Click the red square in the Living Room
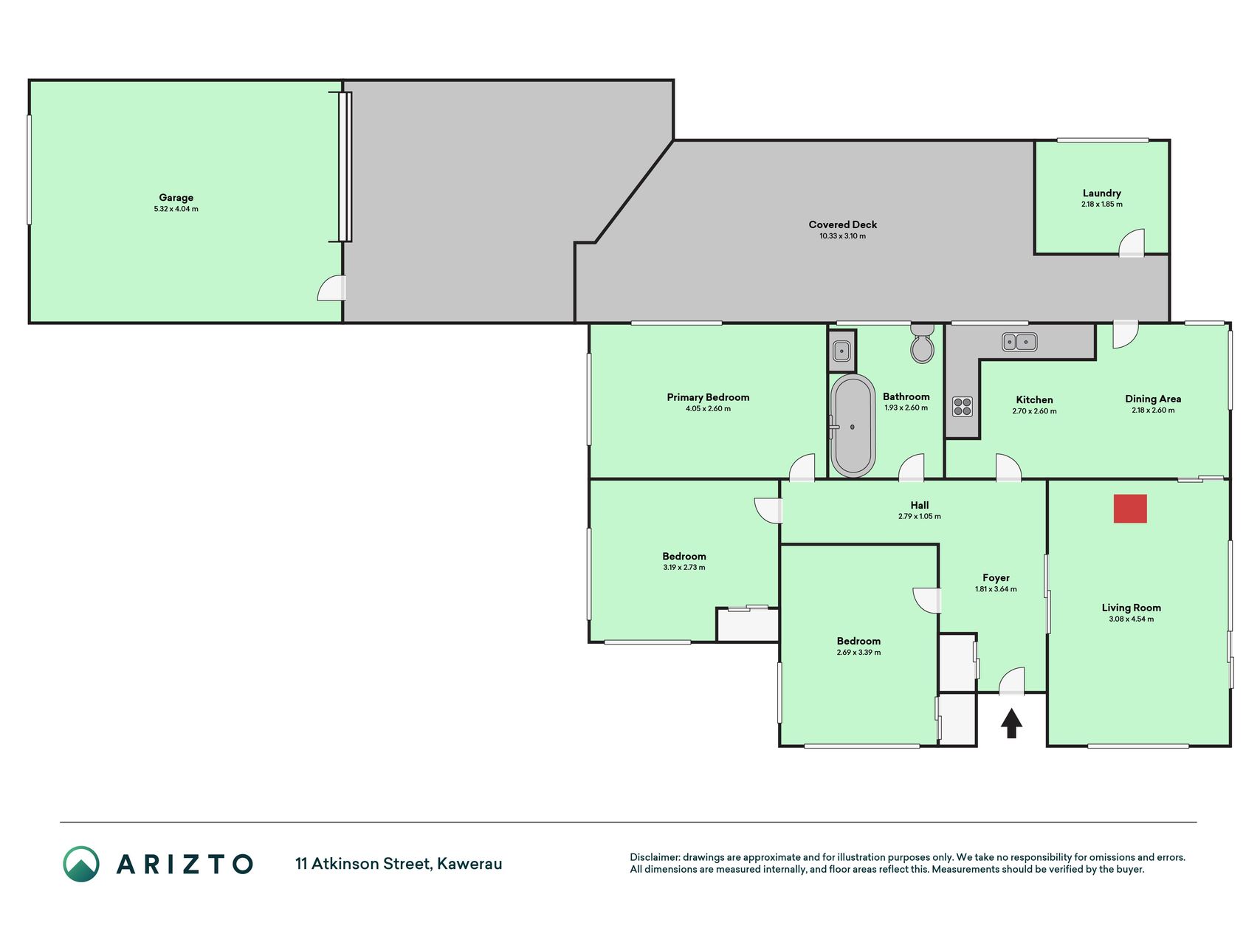coord(1130,509)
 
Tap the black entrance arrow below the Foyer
coord(1011,723)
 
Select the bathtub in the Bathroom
coord(853,425)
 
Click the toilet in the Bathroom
coord(922,343)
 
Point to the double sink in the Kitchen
coord(1019,342)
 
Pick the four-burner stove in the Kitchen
coord(963,407)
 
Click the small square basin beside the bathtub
coord(841,351)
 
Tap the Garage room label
coord(176,197)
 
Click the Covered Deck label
coord(842,224)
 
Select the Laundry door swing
coord(1131,243)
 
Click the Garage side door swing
coord(331,288)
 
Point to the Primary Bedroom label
coord(708,397)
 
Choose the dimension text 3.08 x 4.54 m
coord(1131,619)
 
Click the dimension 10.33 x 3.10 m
coord(842,236)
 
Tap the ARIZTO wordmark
coord(185,864)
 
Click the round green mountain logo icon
coord(81,864)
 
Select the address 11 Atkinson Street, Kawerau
coord(399,864)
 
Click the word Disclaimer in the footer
coord(655,857)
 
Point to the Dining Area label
coord(1153,399)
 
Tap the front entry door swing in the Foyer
coord(1012,681)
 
